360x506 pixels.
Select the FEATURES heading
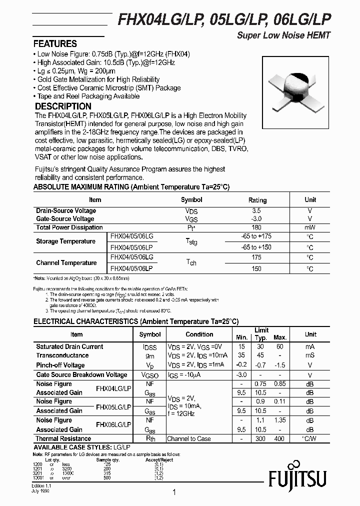[x=55, y=43]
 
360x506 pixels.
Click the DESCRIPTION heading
[x=62, y=106]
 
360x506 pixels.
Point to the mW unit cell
[x=310, y=227]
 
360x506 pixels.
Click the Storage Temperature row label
[x=65, y=241]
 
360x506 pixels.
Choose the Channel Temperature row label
[x=66, y=262]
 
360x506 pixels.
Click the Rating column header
[x=257, y=200]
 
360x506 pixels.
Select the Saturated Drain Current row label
[x=69, y=346]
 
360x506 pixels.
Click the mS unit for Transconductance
[x=310, y=355]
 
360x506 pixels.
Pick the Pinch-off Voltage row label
[x=60, y=365]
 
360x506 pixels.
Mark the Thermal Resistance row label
[x=63, y=438]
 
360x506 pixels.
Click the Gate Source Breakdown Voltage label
[x=81, y=375]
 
